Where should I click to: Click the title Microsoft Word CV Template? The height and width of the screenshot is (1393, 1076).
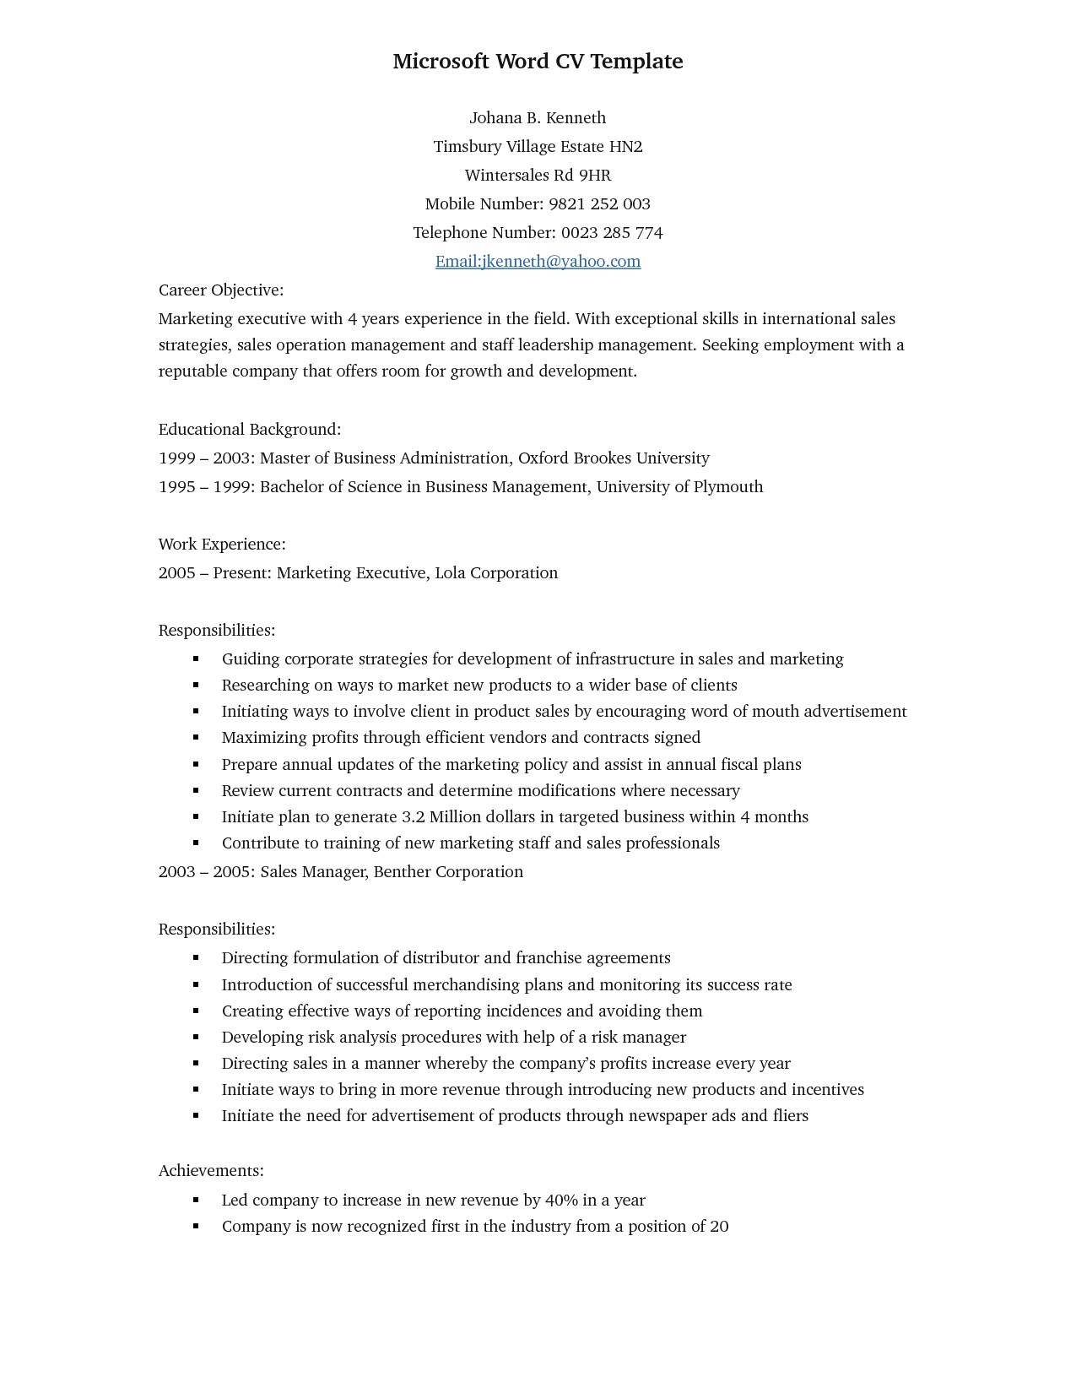coord(538,62)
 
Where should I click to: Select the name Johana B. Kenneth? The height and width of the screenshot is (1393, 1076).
coord(538,118)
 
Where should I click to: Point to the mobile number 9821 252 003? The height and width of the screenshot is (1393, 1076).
coord(599,204)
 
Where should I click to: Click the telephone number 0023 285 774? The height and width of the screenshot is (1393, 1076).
coord(612,233)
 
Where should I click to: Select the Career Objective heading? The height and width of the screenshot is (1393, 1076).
coord(221,290)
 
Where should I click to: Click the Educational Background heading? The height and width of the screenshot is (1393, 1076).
coord(250,430)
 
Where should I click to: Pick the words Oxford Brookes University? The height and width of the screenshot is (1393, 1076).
coord(614,458)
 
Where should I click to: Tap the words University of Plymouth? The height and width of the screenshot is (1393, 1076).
coord(679,487)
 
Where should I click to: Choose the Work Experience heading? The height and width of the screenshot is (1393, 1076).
coord(222,545)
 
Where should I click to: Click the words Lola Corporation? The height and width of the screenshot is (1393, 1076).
coord(496,573)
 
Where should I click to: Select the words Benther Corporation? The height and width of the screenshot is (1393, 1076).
coord(448,872)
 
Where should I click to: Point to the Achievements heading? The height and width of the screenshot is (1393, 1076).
coord(211,1171)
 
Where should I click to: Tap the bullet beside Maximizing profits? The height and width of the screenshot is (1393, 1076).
coord(196,738)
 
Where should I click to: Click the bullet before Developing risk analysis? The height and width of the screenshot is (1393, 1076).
coord(196,1038)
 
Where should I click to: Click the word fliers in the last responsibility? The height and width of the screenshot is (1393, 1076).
coord(790,1116)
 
